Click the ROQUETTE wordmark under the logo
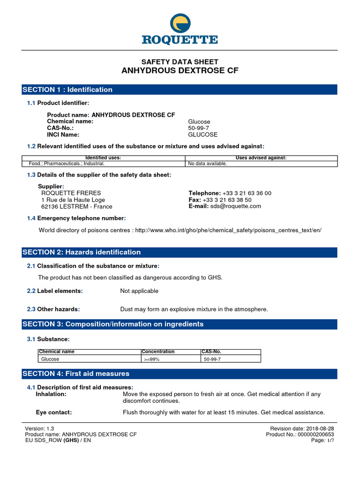pos(180,39)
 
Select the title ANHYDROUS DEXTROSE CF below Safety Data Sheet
pos(180,71)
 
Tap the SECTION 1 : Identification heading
pos(68,90)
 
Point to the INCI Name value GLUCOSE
pos(203,135)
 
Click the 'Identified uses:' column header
pos(104,158)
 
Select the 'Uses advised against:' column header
pos(261,158)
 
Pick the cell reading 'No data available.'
pos(208,164)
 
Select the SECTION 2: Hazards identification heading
pos(82,252)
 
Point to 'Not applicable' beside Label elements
pos(139,291)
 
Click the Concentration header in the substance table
pos(158,352)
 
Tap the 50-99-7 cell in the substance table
pos(212,359)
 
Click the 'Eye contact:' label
pos(54,412)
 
